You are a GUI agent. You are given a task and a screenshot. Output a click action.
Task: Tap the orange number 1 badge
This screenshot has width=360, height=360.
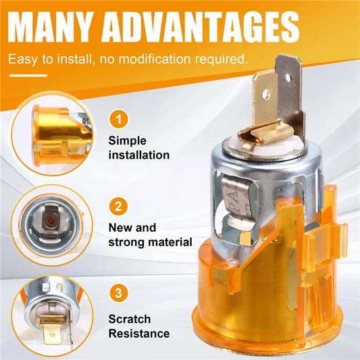pos(118,120)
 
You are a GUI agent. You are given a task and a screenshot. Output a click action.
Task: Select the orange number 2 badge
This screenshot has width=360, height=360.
pos(118,206)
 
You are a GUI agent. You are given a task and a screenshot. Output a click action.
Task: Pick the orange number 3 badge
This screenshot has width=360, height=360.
pos(118,293)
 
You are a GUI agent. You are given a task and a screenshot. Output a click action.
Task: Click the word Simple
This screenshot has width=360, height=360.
pos(127,141)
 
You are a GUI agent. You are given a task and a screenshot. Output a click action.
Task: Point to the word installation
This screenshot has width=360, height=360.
pos(139,155)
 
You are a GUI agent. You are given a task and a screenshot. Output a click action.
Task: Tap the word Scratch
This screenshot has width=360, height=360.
pos(130,319)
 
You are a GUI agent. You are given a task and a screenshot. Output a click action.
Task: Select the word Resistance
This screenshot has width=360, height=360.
pos(139,334)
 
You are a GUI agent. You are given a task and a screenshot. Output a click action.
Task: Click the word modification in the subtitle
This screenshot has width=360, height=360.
pos(155,59)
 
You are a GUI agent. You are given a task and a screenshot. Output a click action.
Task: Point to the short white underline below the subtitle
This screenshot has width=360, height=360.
pos(28,75)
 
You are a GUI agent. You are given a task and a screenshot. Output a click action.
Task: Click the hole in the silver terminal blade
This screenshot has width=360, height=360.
pos(287,78)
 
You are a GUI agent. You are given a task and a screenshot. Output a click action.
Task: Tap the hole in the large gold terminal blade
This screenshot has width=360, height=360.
pos(266,94)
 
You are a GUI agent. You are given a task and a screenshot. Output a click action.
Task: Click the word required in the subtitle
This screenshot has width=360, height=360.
pos(222,59)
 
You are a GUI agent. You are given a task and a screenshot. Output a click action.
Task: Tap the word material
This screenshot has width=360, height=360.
pos(170,242)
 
